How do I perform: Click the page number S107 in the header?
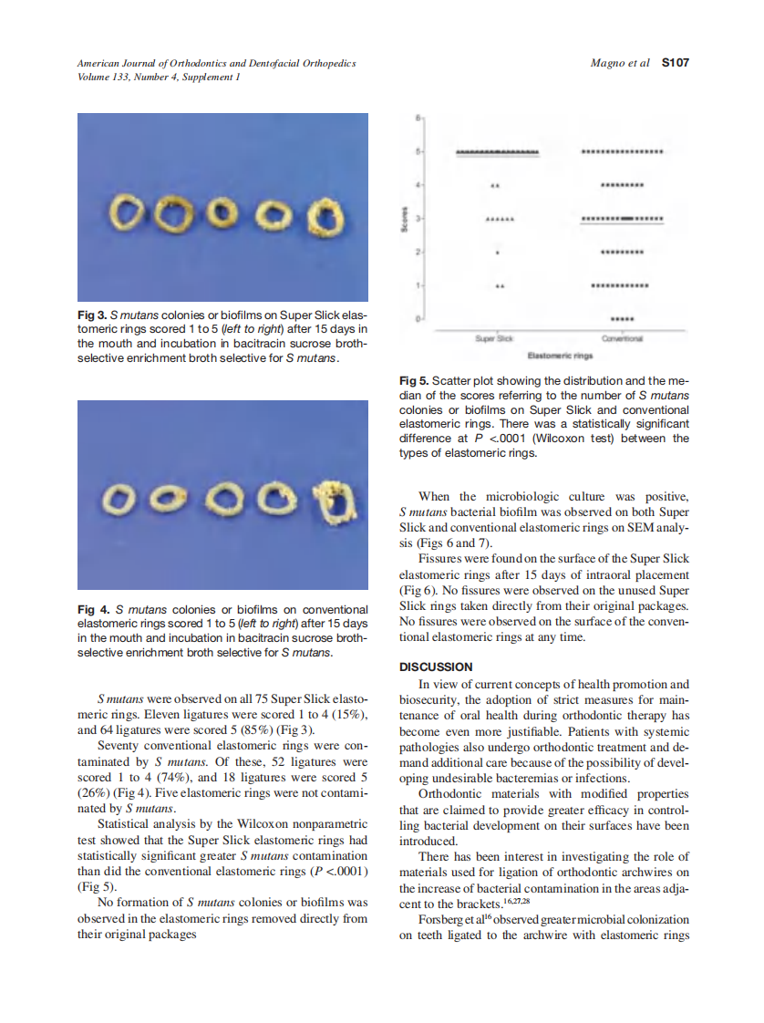675,63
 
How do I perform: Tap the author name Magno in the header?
609,63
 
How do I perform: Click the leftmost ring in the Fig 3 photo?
127,215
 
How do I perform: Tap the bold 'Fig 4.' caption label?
94,610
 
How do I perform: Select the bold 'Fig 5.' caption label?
415,381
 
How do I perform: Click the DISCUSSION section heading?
436,666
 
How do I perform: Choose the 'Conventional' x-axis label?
621,337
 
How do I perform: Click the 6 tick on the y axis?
418,119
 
